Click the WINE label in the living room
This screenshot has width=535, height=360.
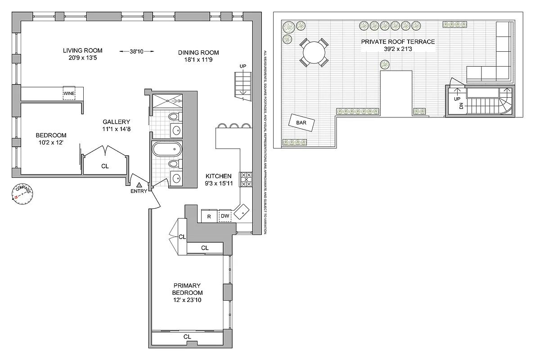69,94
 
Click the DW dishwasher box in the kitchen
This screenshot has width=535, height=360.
225,216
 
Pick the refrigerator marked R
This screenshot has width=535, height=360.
209,216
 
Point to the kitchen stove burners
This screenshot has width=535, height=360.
246,179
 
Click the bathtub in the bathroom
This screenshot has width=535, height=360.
167,149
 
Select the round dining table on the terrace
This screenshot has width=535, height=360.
313,53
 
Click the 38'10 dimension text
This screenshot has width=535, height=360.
136,52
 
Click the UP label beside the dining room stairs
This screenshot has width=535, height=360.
243,67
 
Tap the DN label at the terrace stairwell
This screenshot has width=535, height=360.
461,106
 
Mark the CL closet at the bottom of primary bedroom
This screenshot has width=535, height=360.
187,337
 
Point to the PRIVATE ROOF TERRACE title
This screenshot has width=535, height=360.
398,41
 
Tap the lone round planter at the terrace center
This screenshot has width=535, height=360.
384,65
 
